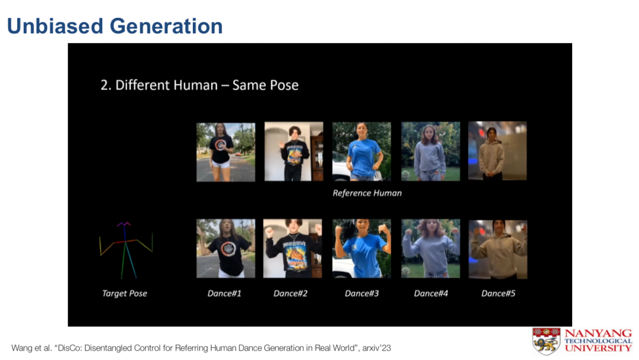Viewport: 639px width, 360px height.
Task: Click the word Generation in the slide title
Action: coord(166,26)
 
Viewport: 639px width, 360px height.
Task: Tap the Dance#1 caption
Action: coord(224,294)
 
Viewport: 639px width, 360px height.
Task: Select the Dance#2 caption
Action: coord(291,294)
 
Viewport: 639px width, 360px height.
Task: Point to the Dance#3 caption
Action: coord(362,294)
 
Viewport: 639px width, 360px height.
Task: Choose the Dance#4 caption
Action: coord(431,294)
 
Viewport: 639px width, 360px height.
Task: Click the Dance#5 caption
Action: coord(498,294)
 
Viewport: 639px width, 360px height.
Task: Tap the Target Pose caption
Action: coord(125,294)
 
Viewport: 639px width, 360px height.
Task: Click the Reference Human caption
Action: coord(367,193)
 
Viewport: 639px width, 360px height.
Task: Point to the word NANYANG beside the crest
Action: coord(598,333)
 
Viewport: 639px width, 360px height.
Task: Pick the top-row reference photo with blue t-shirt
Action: coord(362,151)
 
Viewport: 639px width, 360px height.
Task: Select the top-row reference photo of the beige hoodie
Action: coord(498,151)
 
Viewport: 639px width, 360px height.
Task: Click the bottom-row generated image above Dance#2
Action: coord(293,249)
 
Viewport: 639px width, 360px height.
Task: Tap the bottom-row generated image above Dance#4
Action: coord(431,249)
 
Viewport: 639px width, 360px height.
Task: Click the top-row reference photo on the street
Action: coord(226,152)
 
